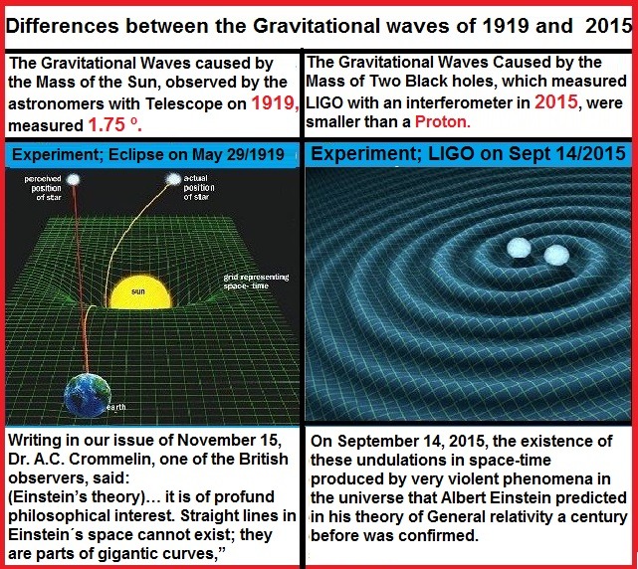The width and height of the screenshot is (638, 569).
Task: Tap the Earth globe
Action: tap(88, 395)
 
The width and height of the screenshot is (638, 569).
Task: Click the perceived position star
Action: tap(74, 179)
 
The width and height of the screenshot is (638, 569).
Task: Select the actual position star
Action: tap(174, 179)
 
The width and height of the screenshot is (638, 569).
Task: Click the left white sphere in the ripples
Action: tap(520, 248)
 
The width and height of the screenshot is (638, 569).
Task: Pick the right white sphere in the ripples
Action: tap(556, 255)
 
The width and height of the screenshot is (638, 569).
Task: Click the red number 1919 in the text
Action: tap(275, 102)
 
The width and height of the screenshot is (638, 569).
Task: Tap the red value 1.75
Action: tap(106, 125)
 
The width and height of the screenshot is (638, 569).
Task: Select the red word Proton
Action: tap(442, 121)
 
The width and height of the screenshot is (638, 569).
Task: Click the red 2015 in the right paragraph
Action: tap(555, 101)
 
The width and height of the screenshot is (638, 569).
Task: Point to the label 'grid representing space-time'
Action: tap(256, 282)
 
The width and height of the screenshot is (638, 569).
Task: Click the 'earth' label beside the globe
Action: tap(116, 407)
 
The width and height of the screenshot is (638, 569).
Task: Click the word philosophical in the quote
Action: tap(51, 516)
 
